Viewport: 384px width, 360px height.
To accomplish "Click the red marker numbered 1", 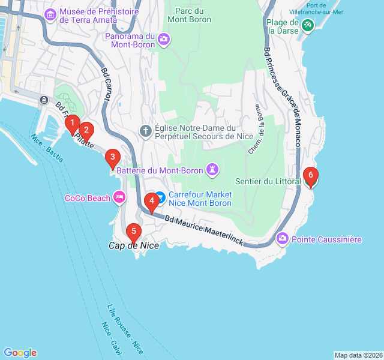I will (72, 124).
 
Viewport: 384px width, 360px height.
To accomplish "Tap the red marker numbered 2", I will (86, 130).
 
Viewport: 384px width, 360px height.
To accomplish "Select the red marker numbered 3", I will (112, 158).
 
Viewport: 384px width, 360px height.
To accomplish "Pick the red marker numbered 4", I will (152, 201).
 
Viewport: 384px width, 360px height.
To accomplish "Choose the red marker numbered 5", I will (133, 230).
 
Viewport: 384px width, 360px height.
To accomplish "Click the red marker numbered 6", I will (310, 176).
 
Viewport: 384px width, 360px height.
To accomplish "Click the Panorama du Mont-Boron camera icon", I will (164, 40).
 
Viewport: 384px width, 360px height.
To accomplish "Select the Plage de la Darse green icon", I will (308, 25).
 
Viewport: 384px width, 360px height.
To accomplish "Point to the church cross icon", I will (145, 131).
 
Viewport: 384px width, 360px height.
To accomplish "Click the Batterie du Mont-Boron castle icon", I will (212, 170).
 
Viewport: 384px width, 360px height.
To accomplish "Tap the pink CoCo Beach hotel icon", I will (119, 197).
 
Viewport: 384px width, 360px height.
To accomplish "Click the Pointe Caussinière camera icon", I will (282, 239).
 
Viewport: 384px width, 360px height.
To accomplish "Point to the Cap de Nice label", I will (134, 245).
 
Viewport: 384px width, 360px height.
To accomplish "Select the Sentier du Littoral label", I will (268, 182).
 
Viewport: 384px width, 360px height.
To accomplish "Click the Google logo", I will (20, 353).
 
